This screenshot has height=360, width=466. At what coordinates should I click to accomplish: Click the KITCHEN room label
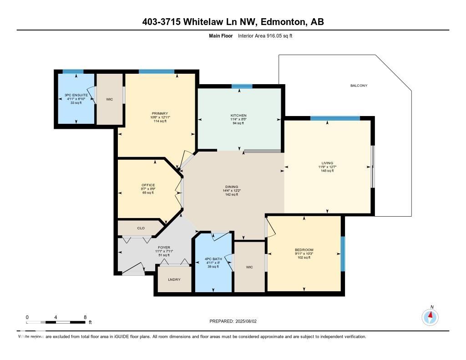point(238,116)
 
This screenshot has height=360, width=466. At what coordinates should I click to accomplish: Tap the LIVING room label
point(327,163)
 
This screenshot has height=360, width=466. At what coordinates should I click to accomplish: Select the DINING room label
point(232,187)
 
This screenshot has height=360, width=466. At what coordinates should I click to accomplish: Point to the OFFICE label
point(148,185)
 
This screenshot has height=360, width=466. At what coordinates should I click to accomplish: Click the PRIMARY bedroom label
point(160,113)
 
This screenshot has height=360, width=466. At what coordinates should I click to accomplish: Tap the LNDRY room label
point(174,279)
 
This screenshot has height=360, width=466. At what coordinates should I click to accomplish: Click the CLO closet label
point(141,228)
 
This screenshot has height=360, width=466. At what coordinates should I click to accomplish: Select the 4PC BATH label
point(212,259)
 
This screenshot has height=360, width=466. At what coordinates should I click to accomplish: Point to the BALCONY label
point(359,86)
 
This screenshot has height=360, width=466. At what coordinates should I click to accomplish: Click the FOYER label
point(164,248)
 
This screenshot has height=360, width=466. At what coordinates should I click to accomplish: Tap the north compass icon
point(430,315)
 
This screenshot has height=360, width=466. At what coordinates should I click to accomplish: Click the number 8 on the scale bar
point(85,317)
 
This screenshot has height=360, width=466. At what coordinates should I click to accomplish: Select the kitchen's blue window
point(242,86)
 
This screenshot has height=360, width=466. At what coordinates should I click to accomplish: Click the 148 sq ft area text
point(327,171)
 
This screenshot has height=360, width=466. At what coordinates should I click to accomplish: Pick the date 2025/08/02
point(248,321)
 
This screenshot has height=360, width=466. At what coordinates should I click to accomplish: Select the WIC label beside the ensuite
point(109,99)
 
